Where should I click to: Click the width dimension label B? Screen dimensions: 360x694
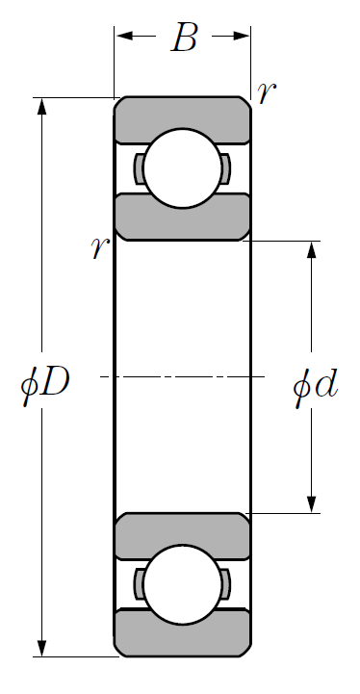tap(184, 38)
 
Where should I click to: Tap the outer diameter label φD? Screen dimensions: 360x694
tap(45, 385)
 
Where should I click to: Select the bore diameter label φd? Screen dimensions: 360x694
tap(316, 386)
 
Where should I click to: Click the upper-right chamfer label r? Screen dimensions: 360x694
tap(267, 92)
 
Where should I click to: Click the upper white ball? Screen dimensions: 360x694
tap(183, 168)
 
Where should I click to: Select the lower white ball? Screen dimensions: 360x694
tap(183, 585)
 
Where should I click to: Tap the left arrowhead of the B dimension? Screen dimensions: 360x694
tap(124, 36)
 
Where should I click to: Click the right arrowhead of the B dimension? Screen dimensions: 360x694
tap(242, 36)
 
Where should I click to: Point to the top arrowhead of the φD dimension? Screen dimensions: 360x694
tap(41, 107)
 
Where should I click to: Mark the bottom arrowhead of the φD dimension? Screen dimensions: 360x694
tap(41, 648)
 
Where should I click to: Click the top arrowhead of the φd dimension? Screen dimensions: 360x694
tap(312, 249)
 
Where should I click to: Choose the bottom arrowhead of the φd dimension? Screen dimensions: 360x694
tap(312, 504)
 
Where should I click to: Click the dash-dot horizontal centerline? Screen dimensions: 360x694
tap(183, 376)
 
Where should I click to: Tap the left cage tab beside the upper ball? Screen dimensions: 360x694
tap(139, 168)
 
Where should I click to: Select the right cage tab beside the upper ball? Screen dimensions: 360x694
tap(226, 168)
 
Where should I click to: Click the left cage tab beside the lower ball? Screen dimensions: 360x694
tap(139, 584)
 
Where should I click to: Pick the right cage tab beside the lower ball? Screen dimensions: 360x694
tap(226, 584)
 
